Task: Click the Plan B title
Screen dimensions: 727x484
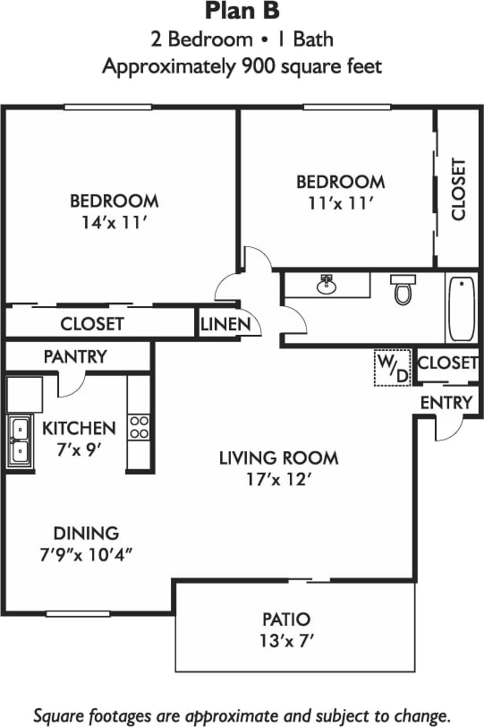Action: click(x=242, y=12)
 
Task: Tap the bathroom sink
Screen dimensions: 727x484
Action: click(x=327, y=286)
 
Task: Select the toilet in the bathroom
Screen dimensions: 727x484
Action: click(x=403, y=289)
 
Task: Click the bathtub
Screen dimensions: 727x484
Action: click(x=462, y=309)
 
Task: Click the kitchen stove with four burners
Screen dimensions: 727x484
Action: click(x=139, y=426)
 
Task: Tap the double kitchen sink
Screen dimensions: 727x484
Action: click(x=19, y=440)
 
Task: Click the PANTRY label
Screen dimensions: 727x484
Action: click(x=75, y=356)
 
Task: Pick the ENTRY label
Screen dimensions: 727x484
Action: click(x=445, y=403)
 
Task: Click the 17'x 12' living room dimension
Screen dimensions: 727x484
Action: click(x=278, y=480)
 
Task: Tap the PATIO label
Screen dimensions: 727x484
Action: click(x=286, y=619)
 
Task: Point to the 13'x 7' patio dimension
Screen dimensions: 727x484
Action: click(x=286, y=641)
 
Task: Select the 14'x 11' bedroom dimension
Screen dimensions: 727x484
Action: click(x=114, y=223)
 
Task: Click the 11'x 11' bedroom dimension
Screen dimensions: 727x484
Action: click(x=341, y=203)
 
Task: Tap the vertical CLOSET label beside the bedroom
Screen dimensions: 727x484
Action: click(x=459, y=189)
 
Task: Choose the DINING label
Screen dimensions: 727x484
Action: click(x=85, y=533)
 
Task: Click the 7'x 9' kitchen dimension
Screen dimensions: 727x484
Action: click(x=79, y=449)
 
